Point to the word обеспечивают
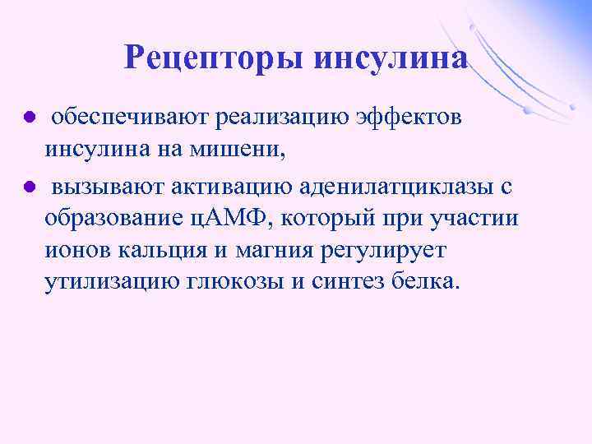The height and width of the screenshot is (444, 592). tap(131, 118)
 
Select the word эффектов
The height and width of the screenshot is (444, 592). tap(409, 118)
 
